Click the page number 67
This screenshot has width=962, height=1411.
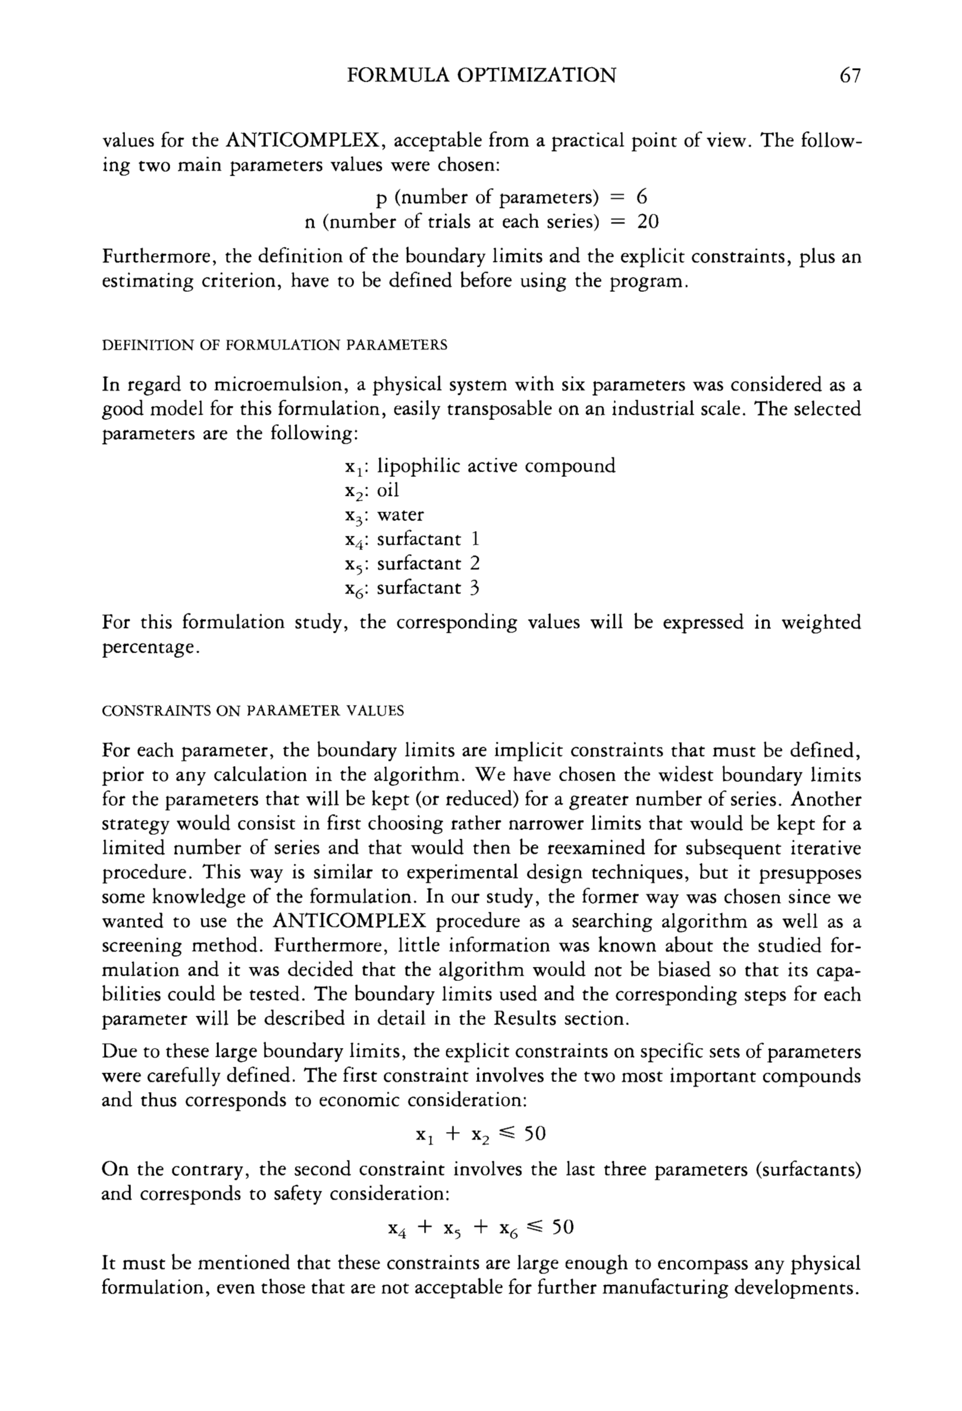coord(850,75)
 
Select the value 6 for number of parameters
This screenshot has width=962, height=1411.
coord(641,197)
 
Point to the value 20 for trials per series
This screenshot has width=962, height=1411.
coord(648,221)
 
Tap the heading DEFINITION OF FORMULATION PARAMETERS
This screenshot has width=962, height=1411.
coord(274,345)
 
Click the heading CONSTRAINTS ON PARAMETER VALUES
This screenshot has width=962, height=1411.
coord(253,710)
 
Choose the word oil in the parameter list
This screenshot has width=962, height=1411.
coord(388,490)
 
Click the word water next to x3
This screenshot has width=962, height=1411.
coord(400,515)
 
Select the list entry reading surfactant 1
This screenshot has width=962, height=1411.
coord(428,539)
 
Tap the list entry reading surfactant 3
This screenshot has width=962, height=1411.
coord(428,587)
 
